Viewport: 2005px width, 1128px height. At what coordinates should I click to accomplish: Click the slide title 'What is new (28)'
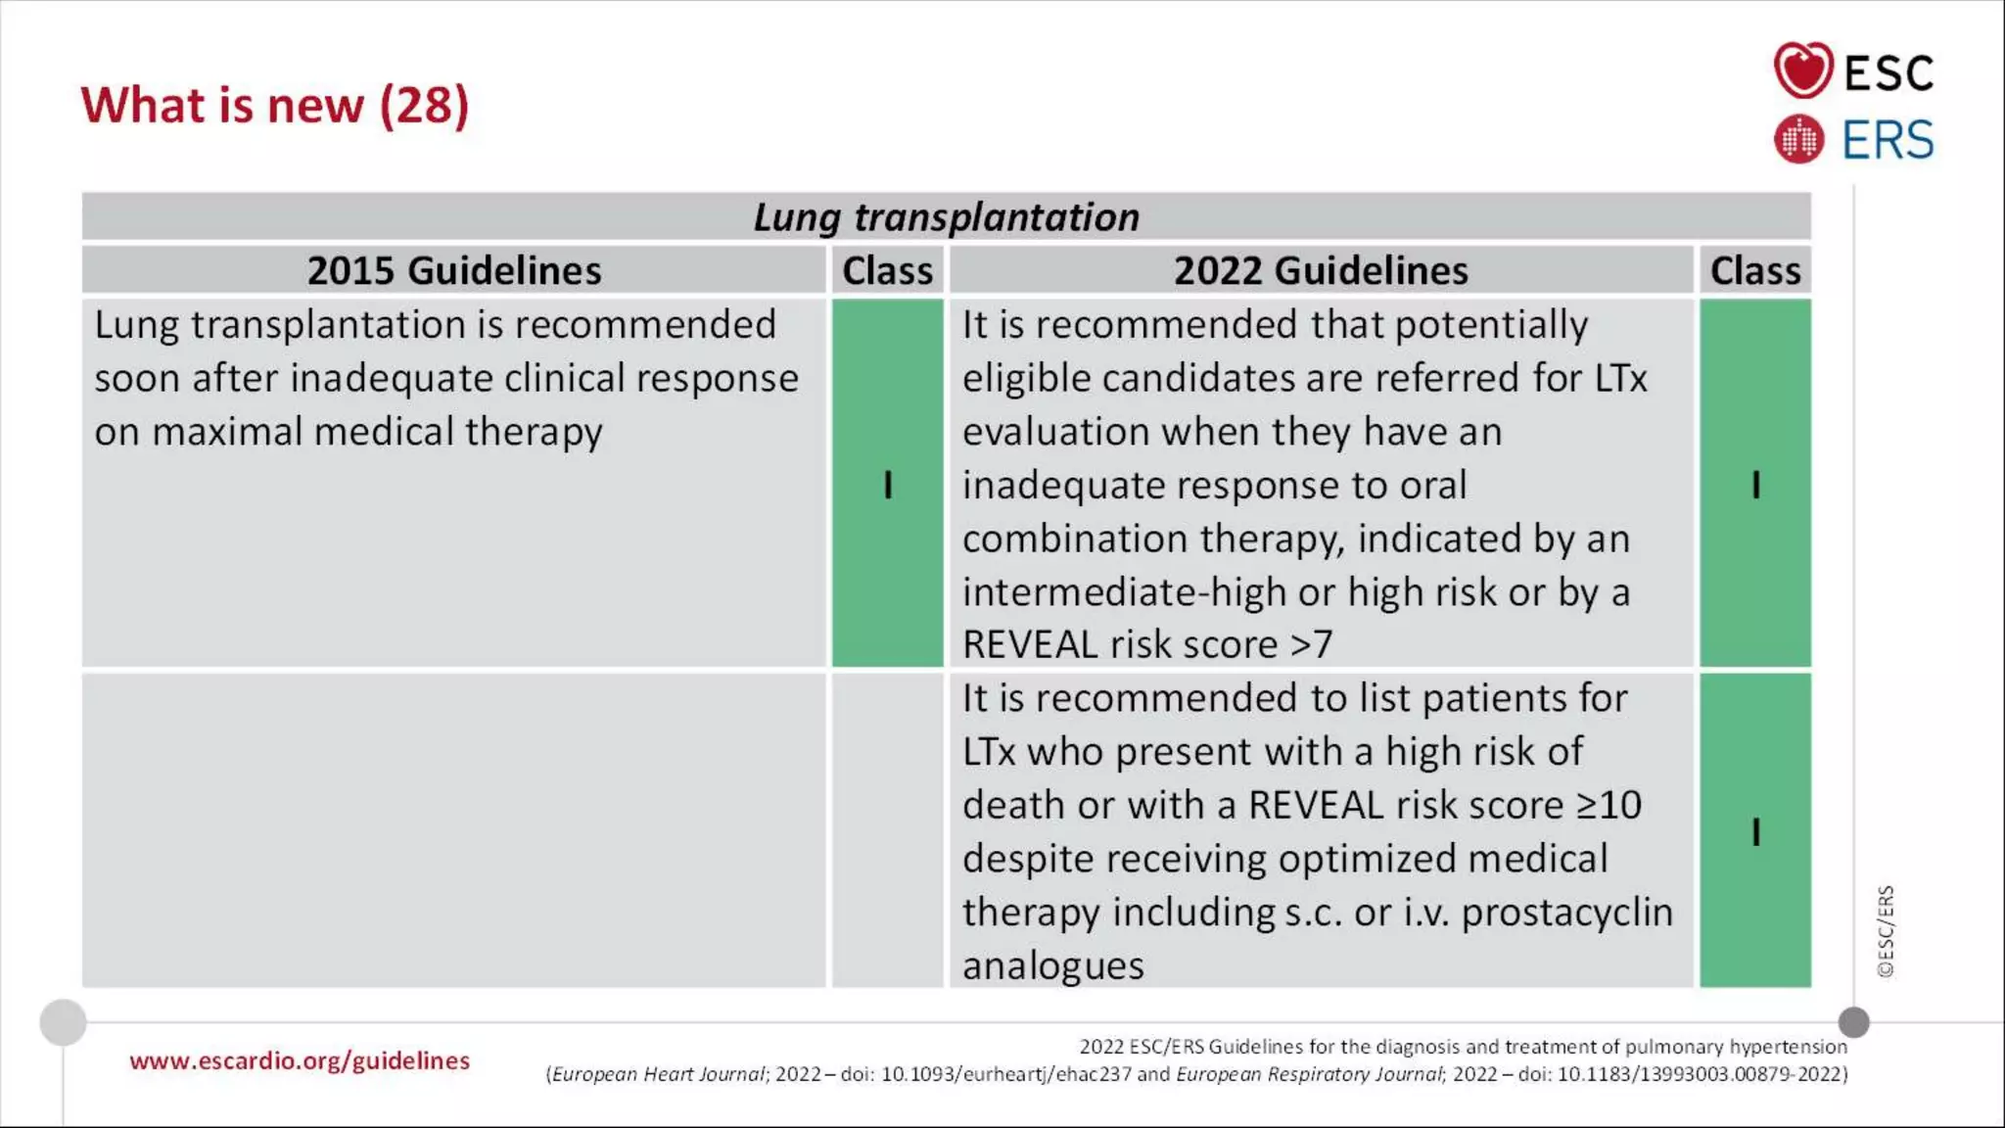275,106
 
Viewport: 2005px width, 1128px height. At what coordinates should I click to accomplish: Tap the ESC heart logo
1802,70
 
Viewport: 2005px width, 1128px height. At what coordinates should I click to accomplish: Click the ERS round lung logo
1798,139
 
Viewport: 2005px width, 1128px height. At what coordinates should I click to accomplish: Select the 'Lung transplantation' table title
946,217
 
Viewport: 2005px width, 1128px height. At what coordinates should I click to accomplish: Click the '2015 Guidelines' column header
454,270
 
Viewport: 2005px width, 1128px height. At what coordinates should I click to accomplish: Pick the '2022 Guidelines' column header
1321,270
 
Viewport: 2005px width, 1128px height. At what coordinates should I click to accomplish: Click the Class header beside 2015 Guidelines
887,270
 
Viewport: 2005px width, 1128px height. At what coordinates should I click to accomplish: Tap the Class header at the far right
1754,270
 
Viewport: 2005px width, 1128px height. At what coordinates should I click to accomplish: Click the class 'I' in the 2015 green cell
888,485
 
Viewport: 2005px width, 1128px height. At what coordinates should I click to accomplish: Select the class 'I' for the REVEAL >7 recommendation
1755,485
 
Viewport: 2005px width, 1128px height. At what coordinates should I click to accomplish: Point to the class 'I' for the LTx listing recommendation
1755,832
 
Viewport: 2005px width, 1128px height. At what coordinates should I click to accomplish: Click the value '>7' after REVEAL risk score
1312,645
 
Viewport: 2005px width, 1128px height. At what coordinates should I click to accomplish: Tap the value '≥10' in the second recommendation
1609,806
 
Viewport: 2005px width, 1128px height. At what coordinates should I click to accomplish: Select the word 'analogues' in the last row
1052,966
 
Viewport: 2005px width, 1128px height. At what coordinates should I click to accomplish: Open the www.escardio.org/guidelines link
300,1060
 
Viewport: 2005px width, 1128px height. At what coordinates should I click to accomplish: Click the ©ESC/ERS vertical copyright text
1886,931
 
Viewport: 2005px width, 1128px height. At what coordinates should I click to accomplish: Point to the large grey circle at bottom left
64,1023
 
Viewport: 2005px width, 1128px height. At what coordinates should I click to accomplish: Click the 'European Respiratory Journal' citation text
1310,1074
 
